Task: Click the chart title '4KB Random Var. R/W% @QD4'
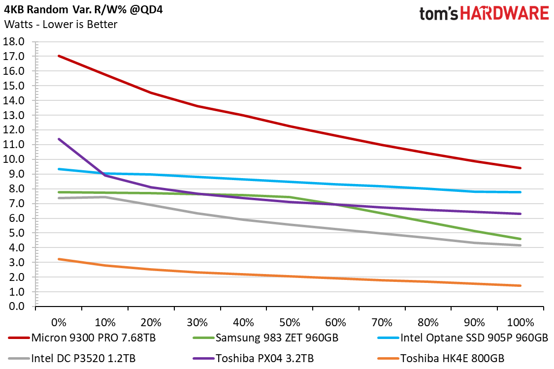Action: [x=83, y=9]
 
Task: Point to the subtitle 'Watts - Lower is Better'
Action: [x=61, y=25]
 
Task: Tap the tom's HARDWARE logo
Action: [x=484, y=14]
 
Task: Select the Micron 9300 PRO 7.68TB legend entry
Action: [x=82, y=338]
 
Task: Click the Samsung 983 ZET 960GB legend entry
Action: [x=266, y=338]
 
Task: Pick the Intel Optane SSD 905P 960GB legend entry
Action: [x=463, y=338]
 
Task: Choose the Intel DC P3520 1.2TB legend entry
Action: [x=72, y=358]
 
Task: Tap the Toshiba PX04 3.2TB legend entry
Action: [x=253, y=358]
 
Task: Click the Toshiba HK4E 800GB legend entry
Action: [x=441, y=358]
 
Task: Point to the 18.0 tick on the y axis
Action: [x=14, y=42]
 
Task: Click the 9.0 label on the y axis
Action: [x=14, y=174]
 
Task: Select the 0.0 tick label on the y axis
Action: [x=14, y=306]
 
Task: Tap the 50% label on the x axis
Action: [x=290, y=322]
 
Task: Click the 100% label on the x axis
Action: [x=521, y=322]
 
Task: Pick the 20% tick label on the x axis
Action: [x=151, y=322]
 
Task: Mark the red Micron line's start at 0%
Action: [x=59, y=56]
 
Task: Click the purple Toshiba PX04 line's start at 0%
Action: [x=59, y=139]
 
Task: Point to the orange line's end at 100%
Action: [x=521, y=286]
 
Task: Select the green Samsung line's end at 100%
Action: [x=521, y=239]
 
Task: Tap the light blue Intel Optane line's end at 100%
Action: [x=521, y=192]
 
